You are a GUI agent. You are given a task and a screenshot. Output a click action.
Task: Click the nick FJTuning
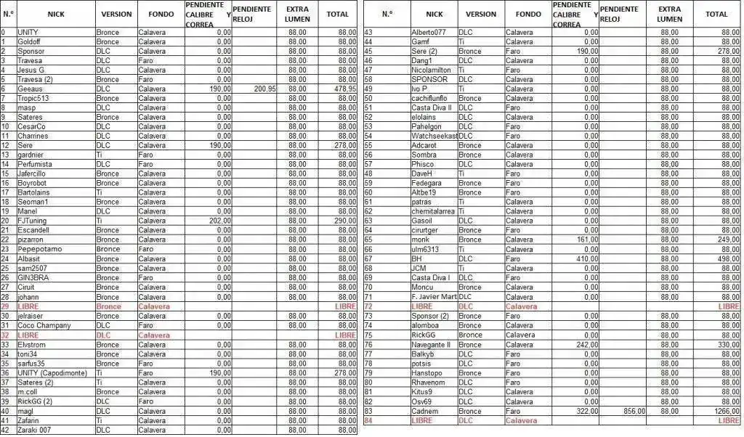33,221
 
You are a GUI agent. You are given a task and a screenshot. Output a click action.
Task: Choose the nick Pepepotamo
39,249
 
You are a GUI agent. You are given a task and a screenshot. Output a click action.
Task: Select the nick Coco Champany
44,325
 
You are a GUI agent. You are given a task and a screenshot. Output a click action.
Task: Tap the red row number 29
4,306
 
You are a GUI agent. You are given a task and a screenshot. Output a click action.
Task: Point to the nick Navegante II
431,345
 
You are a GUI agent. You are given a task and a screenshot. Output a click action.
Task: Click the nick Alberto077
429,32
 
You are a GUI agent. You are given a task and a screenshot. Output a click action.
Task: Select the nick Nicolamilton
433,70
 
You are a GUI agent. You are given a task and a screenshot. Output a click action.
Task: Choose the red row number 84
368,420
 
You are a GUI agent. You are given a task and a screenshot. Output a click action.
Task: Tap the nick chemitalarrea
433,211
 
